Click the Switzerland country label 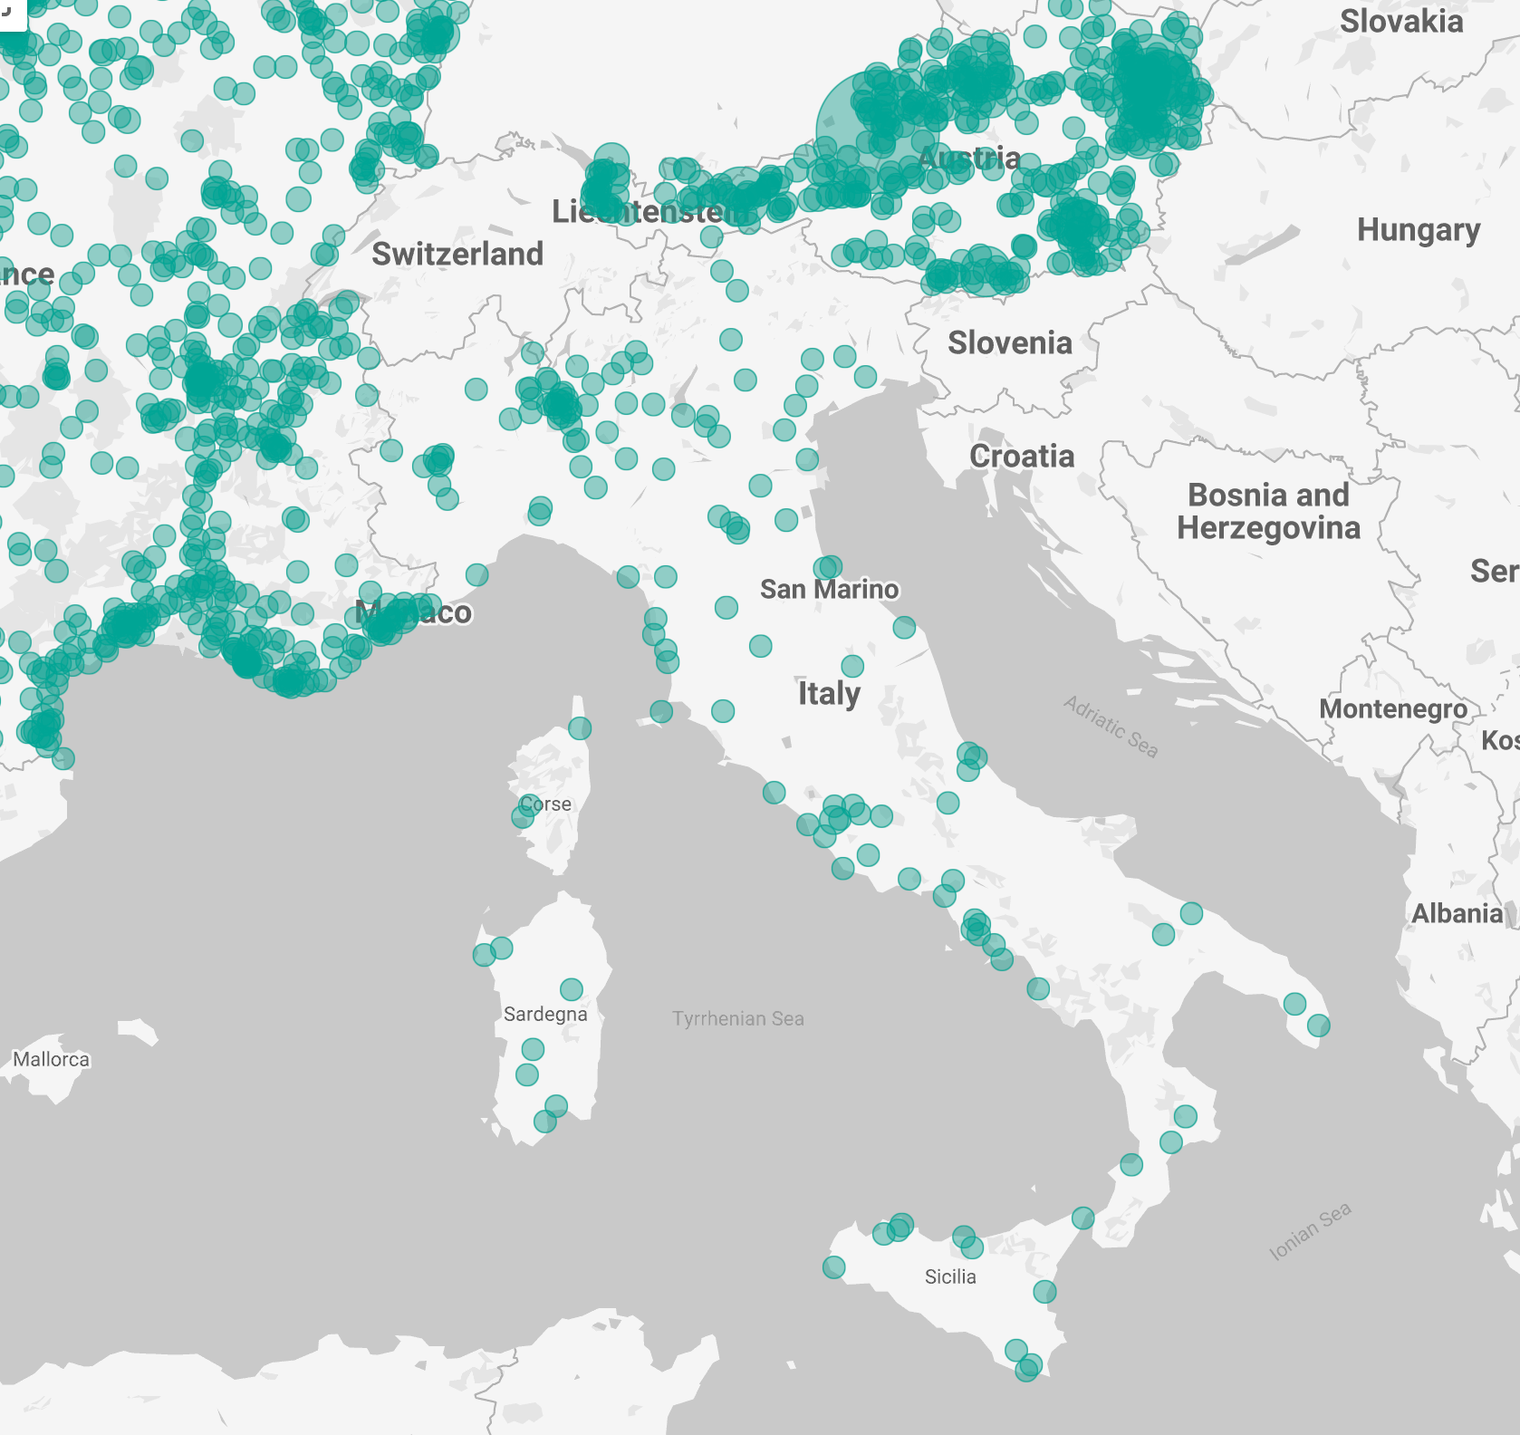[x=457, y=255]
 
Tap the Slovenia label [x=1009, y=343]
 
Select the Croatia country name [x=1022, y=457]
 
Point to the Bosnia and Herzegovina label [x=1268, y=512]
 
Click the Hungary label [x=1418, y=231]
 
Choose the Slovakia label [x=1400, y=22]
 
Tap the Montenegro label [x=1392, y=708]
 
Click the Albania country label [x=1457, y=913]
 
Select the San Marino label [x=829, y=590]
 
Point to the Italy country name [x=828, y=694]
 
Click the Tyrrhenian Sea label [x=737, y=1019]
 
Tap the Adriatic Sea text [x=1111, y=727]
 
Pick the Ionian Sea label [x=1310, y=1231]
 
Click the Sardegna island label [x=545, y=1015]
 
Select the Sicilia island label [x=950, y=1277]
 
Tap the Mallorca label [x=51, y=1060]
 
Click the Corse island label [x=546, y=804]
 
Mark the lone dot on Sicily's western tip [x=833, y=1266]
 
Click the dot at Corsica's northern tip [x=580, y=728]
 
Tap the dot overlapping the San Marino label [x=827, y=567]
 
